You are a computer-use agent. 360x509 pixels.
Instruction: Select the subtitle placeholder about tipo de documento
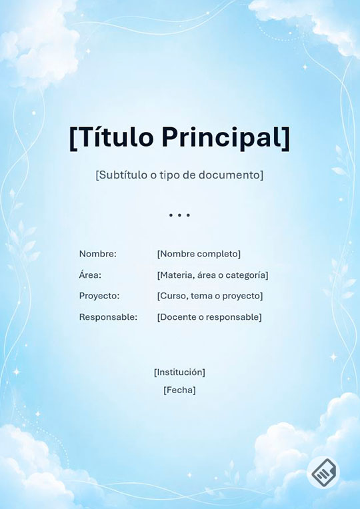pyautogui.click(x=179, y=175)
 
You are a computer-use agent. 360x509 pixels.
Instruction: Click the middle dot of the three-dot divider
pyautogui.click(x=179, y=215)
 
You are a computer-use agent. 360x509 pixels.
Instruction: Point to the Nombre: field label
pyautogui.click(x=98, y=254)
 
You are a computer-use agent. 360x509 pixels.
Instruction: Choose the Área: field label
pyautogui.click(x=90, y=274)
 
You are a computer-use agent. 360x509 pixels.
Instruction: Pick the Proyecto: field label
pyautogui.click(x=99, y=296)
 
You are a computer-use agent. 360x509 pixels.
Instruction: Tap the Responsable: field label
pyautogui.click(x=108, y=317)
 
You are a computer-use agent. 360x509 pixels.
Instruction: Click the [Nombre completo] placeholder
pyautogui.click(x=199, y=254)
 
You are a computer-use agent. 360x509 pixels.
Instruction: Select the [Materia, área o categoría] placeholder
pyautogui.click(x=213, y=275)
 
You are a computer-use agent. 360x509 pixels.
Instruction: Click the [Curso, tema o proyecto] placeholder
pyautogui.click(x=210, y=296)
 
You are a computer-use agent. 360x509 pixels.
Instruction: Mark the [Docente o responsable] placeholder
pyautogui.click(x=209, y=317)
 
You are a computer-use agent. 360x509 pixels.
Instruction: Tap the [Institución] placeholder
pyautogui.click(x=179, y=372)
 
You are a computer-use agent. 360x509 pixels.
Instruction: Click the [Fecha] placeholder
pyautogui.click(x=179, y=390)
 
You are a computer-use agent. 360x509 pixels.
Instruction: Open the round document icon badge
pyautogui.click(x=323, y=472)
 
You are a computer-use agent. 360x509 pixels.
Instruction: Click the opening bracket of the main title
pyautogui.click(x=73, y=139)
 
